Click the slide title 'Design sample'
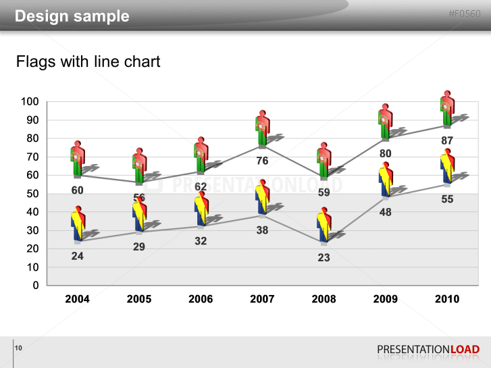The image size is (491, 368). coord(72,16)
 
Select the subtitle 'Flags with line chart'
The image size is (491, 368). coord(88,62)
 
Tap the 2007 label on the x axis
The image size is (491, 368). coord(262,299)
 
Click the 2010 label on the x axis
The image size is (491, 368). coord(447,299)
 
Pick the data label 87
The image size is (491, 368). coord(447,140)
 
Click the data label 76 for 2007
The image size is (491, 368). coord(262,161)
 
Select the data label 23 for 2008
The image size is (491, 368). coord(324,257)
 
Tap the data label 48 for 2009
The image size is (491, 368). coord(385,212)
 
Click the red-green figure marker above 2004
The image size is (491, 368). coord(77,159)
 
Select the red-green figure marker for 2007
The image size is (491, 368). coord(262,129)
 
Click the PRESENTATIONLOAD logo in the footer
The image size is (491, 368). coord(428,349)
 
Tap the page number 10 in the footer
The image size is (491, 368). coord(18,348)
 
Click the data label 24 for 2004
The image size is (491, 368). coord(78,256)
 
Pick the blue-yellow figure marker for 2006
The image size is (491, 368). coord(201,209)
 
